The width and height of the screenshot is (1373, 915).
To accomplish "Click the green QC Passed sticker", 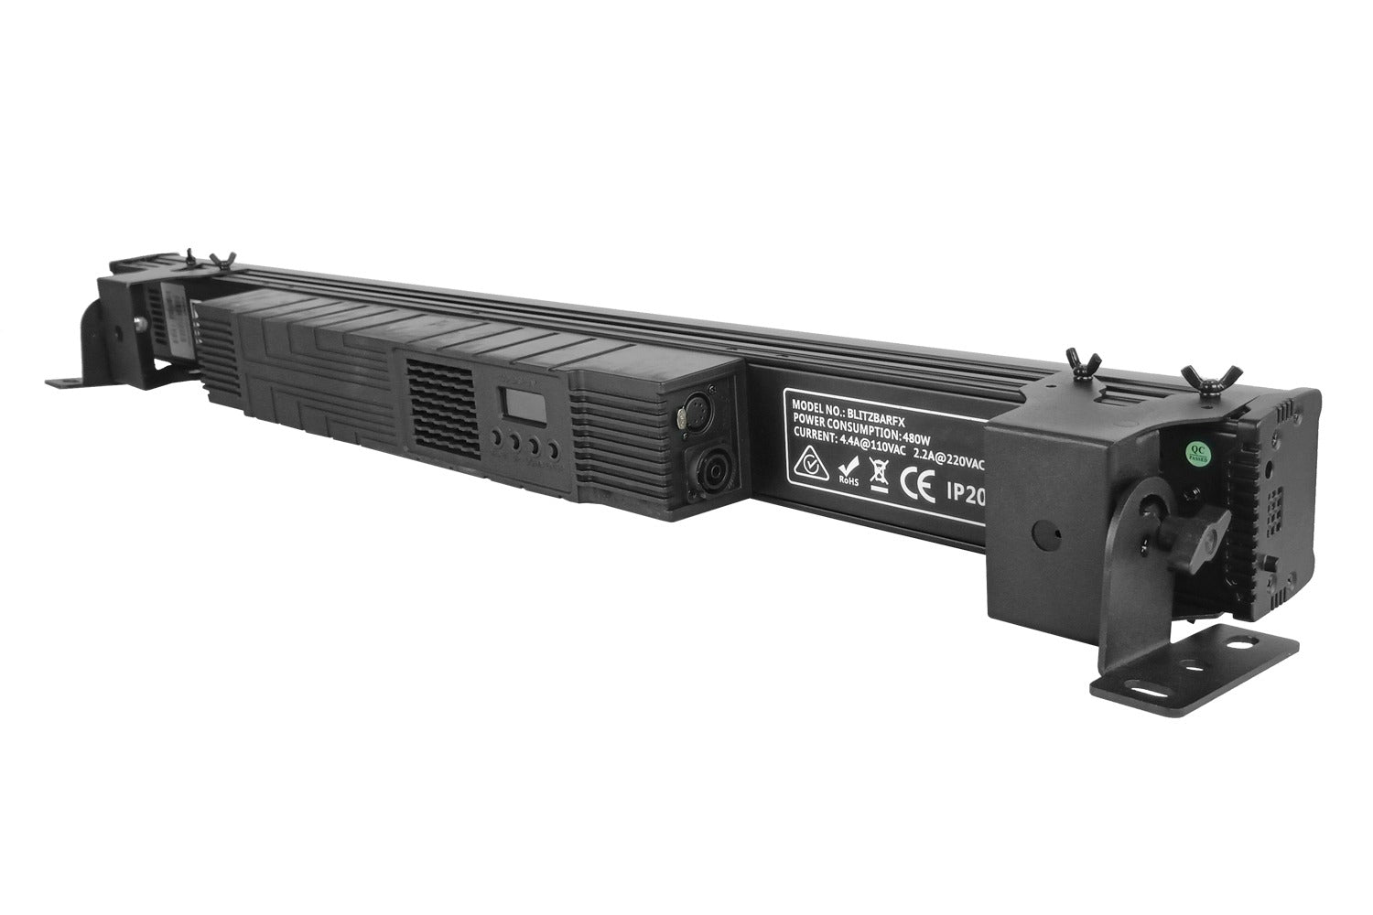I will click(1195, 451).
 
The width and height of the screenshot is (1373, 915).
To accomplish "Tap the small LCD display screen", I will click(514, 404).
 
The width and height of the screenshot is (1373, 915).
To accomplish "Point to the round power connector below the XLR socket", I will click(709, 472).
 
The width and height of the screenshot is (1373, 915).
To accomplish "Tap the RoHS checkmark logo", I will click(849, 474).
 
